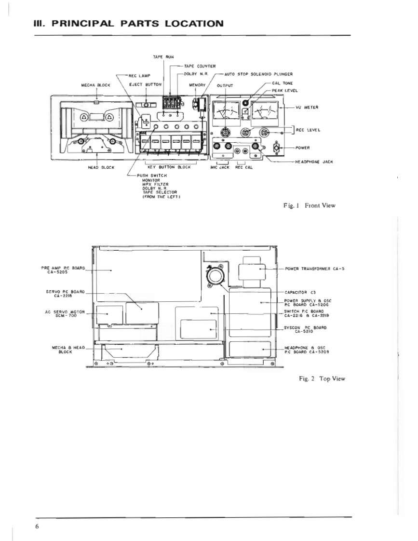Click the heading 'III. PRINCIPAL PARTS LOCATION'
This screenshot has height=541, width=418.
point(128,24)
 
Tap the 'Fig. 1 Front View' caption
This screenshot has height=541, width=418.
point(309,205)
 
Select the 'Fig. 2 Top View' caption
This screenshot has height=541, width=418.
point(322,379)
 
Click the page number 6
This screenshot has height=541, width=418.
point(37,526)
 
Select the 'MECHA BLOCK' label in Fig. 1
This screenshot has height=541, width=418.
point(97,85)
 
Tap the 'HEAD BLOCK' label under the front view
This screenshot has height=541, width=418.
point(98,167)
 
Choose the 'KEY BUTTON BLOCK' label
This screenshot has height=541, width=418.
point(169,167)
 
